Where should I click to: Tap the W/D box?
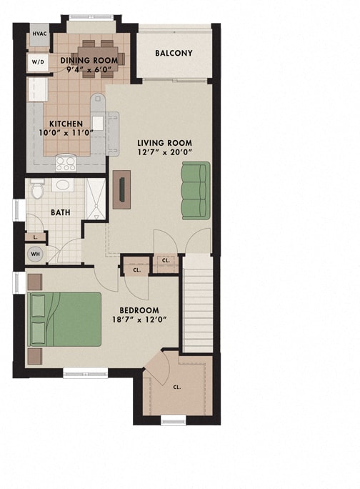click(x=37, y=62)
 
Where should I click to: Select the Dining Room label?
click(x=89, y=60)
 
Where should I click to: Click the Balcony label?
click(x=174, y=54)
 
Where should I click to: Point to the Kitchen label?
click(x=66, y=124)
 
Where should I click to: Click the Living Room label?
click(x=164, y=143)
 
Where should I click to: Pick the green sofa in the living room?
click(x=195, y=190)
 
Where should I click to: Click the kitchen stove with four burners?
click(x=66, y=163)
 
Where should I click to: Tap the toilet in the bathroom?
click(x=39, y=189)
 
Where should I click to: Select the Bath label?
click(x=59, y=212)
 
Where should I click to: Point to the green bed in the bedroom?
click(x=64, y=320)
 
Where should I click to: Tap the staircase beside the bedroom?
click(x=199, y=303)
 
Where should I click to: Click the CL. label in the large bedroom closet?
click(x=176, y=387)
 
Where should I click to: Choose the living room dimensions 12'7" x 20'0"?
click(x=164, y=153)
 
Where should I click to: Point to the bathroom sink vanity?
click(x=63, y=186)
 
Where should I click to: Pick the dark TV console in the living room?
click(x=122, y=189)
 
